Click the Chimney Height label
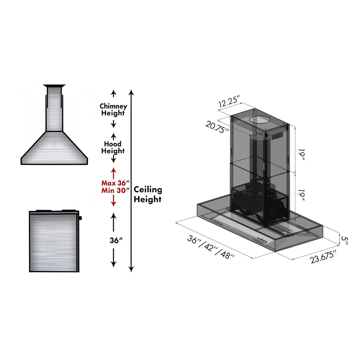[x=113, y=109]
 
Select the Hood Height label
[x=113, y=147]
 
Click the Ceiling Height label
[x=148, y=194]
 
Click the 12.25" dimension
[x=229, y=101]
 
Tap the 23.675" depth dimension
[x=323, y=256]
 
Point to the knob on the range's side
[x=81, y=218]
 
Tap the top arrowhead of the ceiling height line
[x=131, y=92]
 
